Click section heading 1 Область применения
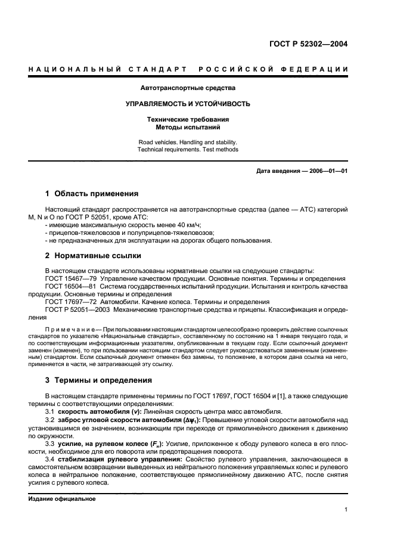(92, 194)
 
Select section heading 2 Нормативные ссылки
(94, 256)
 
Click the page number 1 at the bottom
(346, 510)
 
